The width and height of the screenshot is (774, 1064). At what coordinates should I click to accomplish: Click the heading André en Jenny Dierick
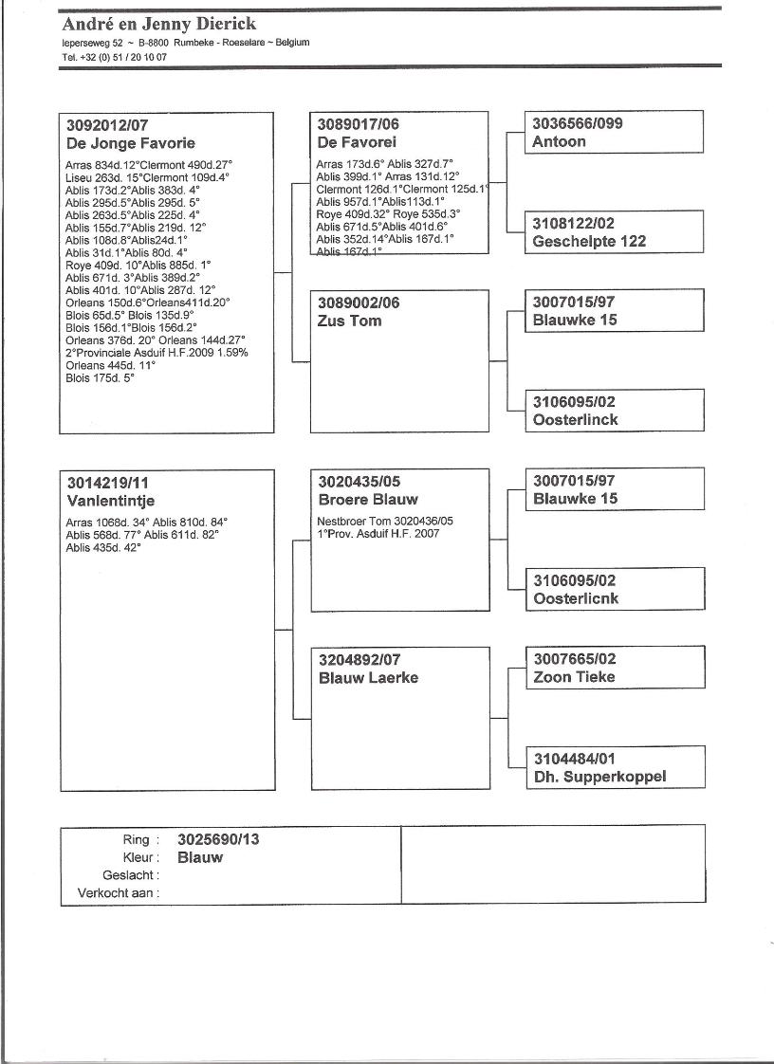[x=158, y=24]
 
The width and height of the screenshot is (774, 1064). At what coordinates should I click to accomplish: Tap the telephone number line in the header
[x=114, y=57]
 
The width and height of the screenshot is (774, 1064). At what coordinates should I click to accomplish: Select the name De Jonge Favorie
[x=130, y=143]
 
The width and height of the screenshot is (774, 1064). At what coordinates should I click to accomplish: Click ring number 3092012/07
[x=107, y=125]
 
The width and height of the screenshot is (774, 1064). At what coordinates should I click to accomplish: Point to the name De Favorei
[x=357, y=142]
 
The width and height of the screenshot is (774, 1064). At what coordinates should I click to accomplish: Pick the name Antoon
[x=559, y=141]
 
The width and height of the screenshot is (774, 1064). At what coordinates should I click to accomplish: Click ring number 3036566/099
[x=577, y=123]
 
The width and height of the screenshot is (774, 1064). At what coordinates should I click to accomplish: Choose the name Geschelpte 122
[x=589, y=241]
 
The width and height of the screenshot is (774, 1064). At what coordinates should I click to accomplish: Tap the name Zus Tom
[x=349, y=321]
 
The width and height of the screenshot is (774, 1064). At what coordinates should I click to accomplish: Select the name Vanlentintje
[x=110, y=500]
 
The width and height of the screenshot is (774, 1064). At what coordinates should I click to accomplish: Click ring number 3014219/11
[x=107, y=482]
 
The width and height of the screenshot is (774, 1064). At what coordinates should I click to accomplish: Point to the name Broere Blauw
[x=368, y=499]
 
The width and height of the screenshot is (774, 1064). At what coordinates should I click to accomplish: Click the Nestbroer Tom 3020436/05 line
[x=384, y=521]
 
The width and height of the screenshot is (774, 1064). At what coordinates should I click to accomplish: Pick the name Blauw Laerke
[x=368, y=677]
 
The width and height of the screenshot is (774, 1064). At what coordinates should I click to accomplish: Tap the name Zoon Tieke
[x=574, y=676]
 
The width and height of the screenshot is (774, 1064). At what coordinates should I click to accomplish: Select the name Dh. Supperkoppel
[x=599, y=777]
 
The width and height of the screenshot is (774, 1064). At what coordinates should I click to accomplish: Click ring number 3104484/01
[x=574, y=759]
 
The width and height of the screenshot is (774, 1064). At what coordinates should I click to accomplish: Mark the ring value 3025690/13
[x=218, y=839]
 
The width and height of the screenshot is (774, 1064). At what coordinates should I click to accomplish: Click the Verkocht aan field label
[x=118, y=892]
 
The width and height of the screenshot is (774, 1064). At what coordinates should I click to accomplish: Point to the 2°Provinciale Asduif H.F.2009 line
[x=157, y=352]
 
